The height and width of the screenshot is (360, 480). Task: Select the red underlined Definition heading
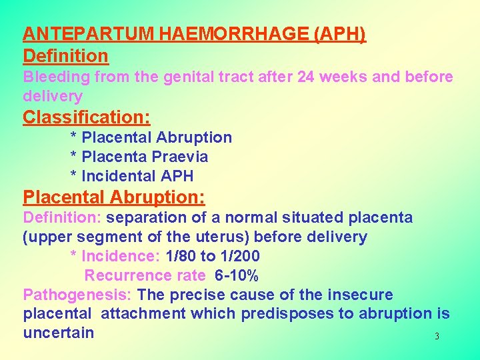tap(65, 55)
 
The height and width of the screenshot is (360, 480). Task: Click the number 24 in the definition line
tap(307, 77)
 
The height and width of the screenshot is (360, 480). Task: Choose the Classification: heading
tap(87, 117)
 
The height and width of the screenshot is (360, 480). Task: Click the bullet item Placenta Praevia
tap(145, 157)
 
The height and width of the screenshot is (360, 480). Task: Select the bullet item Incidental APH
tap(137, 176)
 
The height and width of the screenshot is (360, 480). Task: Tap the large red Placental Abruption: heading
tap(114, 197)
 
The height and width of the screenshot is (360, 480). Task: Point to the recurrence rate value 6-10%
tap(237, 275)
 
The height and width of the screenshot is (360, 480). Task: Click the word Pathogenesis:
tap(78, 295)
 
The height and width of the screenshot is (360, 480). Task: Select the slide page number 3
tap(437, 337)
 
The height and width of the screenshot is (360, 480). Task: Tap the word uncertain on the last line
tap(59, 333)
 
